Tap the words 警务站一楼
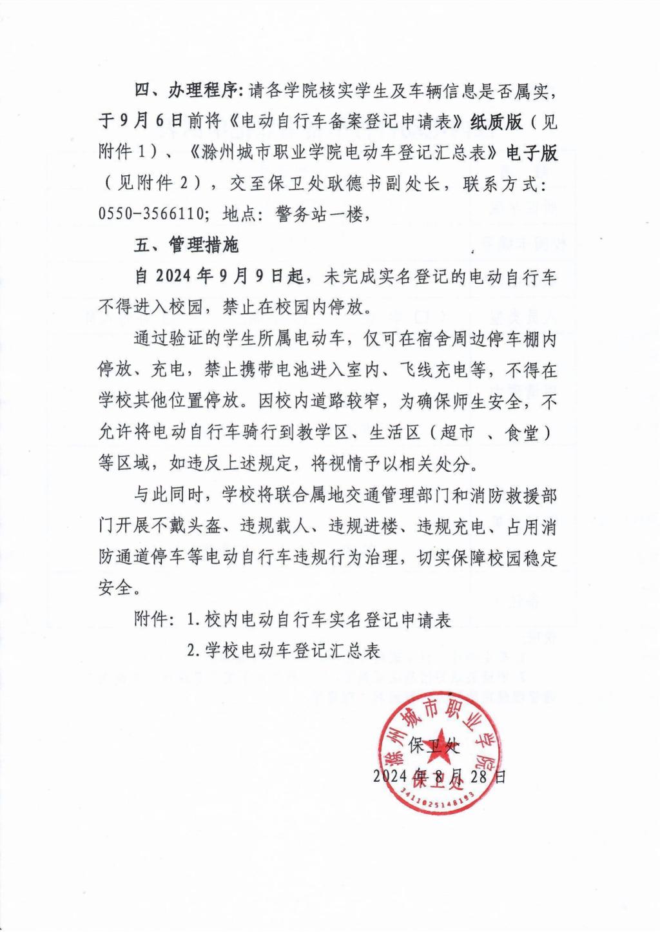[322, 215]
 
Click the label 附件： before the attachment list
[154, 619]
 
